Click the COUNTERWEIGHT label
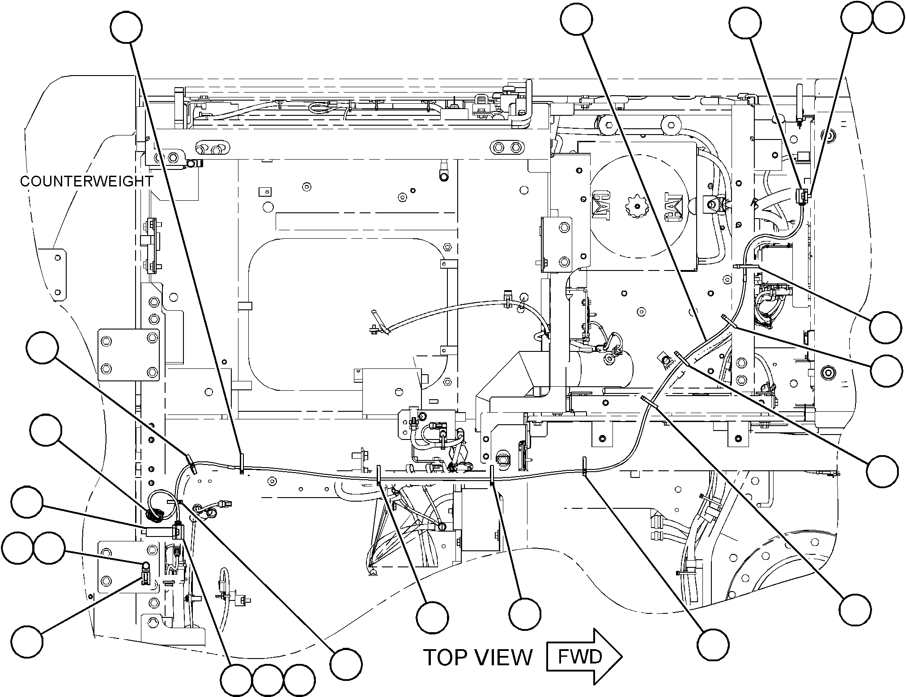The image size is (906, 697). [87, 182]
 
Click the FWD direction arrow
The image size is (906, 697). [584, 657]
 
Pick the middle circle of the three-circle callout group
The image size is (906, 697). [268, 681]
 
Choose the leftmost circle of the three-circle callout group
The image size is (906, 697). [236, 681]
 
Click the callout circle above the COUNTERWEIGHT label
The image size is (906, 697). [127, 27]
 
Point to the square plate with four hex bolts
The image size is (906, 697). [129, 355]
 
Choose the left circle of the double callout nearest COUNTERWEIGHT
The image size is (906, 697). [17, 548]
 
